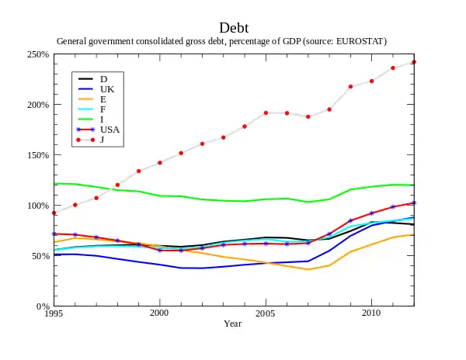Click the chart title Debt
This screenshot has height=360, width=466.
(x=234, y=28)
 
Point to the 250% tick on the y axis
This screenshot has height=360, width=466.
(x=38, y=55)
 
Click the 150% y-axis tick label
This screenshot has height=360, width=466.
(x=38, y=155)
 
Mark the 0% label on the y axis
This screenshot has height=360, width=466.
(x=43, y=306)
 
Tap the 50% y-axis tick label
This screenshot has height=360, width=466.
(x=40, y=256)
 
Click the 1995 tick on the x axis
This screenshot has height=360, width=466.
(x=54, y=313)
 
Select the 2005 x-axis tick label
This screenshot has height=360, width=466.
(x=266, y=313)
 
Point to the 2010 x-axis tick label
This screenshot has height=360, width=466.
(x=371, y=313)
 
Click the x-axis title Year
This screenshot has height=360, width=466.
(x=233, y=324)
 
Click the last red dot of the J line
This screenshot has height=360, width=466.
(x=414, y=62)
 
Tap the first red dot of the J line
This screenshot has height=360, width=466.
(x=54, y=213)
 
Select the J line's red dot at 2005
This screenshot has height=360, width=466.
(x=266, y=112)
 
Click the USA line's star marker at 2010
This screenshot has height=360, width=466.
(x=371, y=213)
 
